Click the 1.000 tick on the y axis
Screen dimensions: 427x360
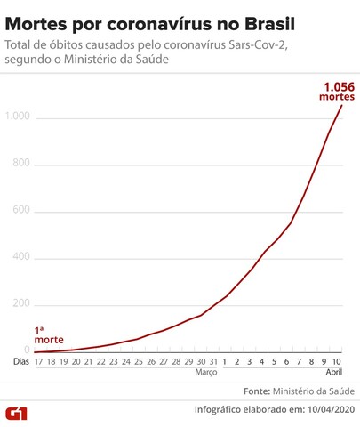click(17, 117)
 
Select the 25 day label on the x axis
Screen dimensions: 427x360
click(139, 362)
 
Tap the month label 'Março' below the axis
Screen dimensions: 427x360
click(206, 374)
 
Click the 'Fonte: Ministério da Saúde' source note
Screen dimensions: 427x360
click(299, 391)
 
